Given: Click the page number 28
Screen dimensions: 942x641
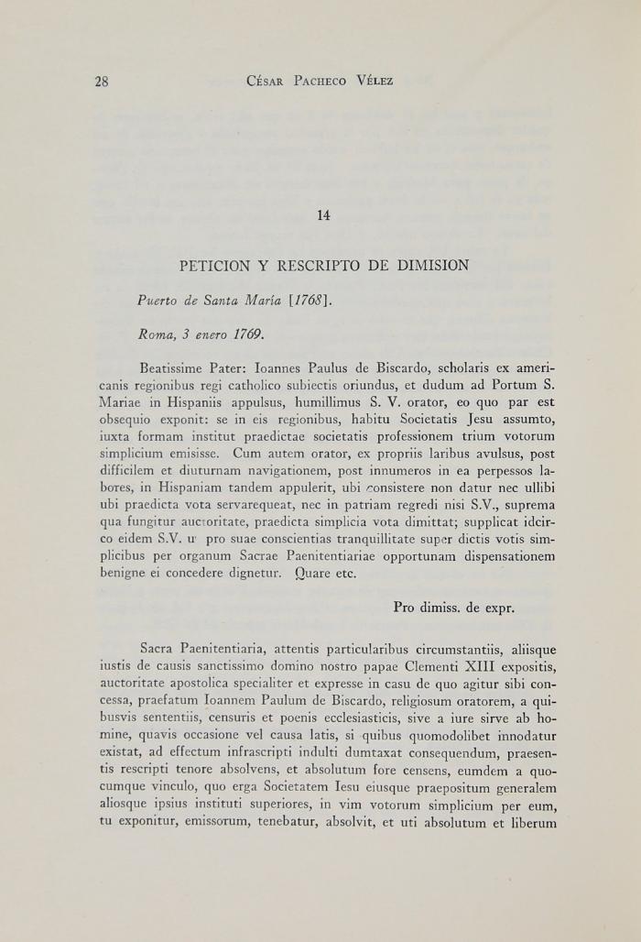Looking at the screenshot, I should pos(102,82).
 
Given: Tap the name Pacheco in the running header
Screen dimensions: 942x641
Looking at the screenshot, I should pos(320,82).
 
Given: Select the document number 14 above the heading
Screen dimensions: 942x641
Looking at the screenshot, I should pos(323,216).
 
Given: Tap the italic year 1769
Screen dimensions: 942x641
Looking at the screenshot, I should pos(247,334).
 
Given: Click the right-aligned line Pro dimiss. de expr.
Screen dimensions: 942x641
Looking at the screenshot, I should pos(453,608).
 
